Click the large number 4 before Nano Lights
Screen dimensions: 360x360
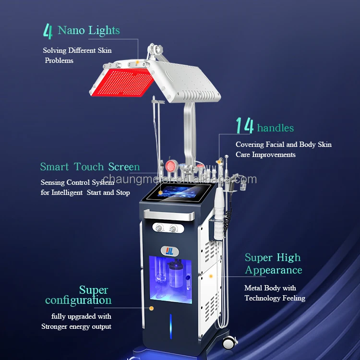(47, 31)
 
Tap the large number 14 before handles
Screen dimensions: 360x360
(244, 126)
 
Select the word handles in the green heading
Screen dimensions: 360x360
(275, 128)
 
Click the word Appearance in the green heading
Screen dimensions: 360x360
(273, 270)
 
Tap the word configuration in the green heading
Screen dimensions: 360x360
(78, 300)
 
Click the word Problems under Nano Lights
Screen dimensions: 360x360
(59, 60)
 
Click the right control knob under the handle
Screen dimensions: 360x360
(172, 227)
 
